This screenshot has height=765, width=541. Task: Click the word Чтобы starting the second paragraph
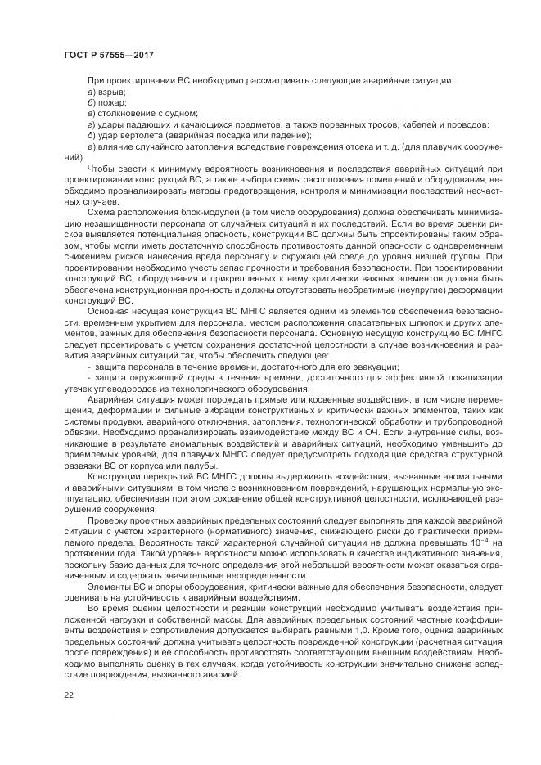pos(103,167)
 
